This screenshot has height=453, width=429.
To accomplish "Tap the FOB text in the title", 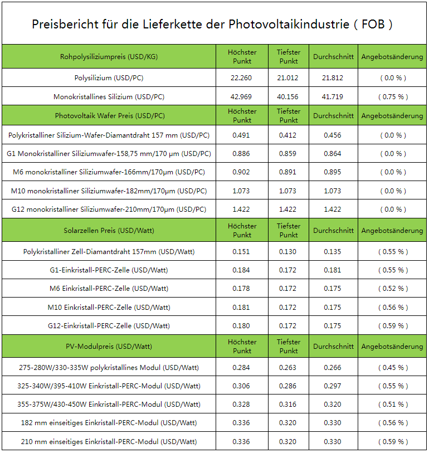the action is pos(373,25).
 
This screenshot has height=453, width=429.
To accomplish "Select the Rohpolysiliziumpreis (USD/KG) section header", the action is pos(109,57).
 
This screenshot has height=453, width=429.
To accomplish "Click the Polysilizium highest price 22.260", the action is pos(241,77).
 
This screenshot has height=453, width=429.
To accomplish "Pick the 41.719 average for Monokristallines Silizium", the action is pos(333,97).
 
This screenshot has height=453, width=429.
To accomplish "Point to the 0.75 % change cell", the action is pos(393,97).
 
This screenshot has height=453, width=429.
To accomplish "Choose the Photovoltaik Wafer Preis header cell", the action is pos(110,115).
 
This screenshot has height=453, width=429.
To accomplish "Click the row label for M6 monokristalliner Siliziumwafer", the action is pos(109,172).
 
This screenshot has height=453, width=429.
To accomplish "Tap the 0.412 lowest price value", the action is pos(287,135).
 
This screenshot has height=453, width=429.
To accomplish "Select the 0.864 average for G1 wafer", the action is pos(333,154).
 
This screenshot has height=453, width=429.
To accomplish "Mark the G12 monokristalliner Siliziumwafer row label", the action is pos(109,210).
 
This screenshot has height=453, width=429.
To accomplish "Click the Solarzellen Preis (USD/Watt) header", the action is pos(109,231).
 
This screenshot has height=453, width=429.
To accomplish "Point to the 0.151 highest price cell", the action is pos(241,252).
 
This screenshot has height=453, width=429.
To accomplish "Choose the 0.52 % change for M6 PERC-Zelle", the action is pos(393,289).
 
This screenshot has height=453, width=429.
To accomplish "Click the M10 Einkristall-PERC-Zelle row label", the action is pos(109,308).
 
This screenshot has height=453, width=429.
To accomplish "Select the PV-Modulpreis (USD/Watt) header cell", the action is pos(109,347).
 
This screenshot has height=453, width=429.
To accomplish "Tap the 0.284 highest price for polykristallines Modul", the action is pos(241,368).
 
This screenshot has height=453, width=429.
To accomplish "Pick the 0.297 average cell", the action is pos(333,386).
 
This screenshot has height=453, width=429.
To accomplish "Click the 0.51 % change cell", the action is pos(393,405).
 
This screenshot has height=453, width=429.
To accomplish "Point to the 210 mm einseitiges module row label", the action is pos(109,442).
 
